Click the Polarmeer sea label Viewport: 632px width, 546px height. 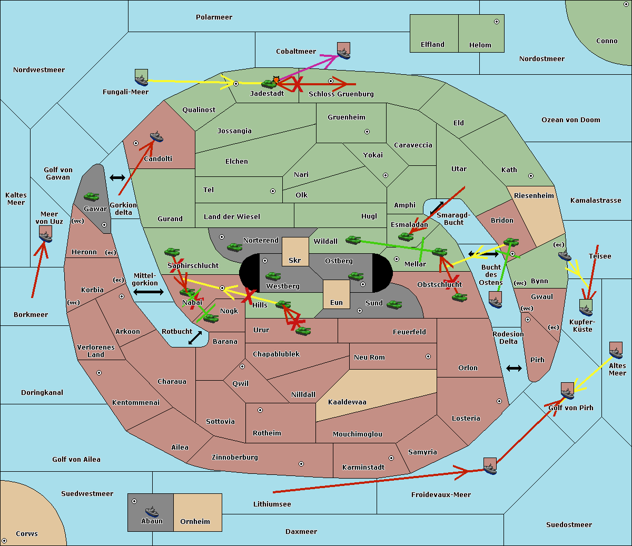tap(214, 17)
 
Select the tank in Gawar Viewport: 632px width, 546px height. tap(91, 197)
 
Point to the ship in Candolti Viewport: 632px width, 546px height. tap(156, 137)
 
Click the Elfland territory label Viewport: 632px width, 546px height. tap(432, 45)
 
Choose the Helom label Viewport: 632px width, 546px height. tap(480, 45)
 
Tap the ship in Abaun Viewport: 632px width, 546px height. tap(152, 512)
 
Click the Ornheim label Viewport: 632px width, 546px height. tap(195, 522)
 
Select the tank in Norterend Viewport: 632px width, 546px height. tap(234, 247)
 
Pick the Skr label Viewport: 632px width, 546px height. tap(295, 260)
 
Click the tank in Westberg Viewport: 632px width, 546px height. tap(273, 276)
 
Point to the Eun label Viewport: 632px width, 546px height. tap(337, 303)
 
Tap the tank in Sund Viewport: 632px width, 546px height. tap(394, 304)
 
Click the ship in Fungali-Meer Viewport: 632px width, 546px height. tap(142, 80)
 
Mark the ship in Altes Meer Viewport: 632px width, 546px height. tap(616, 351)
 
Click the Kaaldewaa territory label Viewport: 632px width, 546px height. tap(347, 402)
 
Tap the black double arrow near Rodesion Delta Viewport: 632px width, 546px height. tap(514, 368)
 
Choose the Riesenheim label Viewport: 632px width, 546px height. tap(534, 196)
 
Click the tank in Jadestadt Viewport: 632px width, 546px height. tap(269, 83)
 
